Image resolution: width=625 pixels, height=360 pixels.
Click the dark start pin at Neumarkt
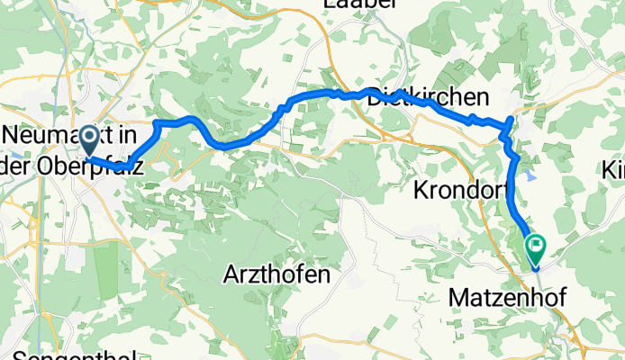tap(90, 139)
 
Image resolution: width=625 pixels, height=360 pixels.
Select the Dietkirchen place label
tap(428, 97)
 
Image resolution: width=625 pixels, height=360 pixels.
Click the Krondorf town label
tap(463, 190)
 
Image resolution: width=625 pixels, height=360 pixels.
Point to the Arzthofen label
tap(277, 272)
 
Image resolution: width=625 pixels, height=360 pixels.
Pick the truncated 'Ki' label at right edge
tap(615, 168)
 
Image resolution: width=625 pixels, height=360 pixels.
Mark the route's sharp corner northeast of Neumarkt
tap(157, 121)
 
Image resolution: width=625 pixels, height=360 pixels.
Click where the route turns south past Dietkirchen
tap(511, 119)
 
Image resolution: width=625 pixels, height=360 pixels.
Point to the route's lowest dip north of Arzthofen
tap(229, 145)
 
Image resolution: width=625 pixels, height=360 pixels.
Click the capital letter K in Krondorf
tap(421, 190)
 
